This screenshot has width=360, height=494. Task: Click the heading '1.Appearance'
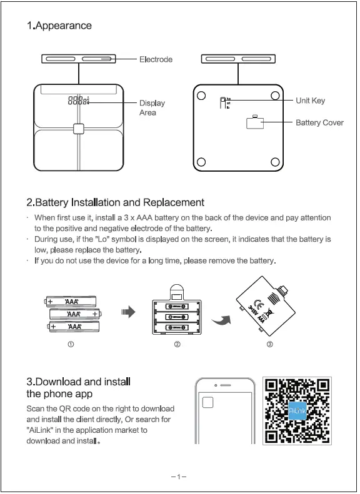(x=59, y=26)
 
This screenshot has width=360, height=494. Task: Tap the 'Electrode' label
(x=156, y=59)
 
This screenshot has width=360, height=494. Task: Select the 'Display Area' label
(x=151, y=107)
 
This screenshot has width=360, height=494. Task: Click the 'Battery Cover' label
(x=319, y=122)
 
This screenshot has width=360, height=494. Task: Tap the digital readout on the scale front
(x=78, y=100)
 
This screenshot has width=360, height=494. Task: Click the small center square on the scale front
(x=78, y=129)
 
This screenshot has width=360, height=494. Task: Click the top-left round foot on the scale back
(x=201, y=96)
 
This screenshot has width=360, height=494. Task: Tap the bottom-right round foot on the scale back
(x=275, y=163)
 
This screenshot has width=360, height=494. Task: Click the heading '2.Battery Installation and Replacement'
(x=116, y=202)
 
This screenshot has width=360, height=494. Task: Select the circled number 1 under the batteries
(x=71, y=345)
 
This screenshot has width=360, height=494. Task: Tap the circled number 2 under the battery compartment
(x=177, y=345)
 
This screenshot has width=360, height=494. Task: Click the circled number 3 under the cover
(x=269, y=345)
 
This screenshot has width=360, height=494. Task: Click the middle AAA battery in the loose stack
(x=74, y=314)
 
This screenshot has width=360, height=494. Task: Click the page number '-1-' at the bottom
(x=179, y=478)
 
